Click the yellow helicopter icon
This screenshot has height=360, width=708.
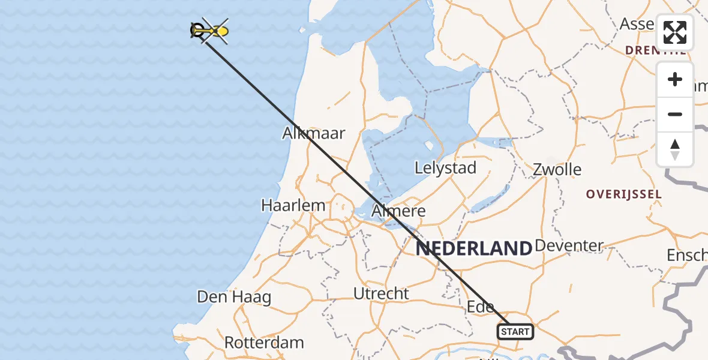click(214, 30)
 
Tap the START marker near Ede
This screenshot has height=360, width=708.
click(515, 331)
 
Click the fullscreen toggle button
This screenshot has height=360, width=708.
click(675, 32)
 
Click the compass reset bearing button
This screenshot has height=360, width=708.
click(675, 149)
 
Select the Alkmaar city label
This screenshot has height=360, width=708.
click(314, 133)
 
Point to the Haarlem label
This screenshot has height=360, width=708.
click(293, 205)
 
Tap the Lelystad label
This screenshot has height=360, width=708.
click(445, 168)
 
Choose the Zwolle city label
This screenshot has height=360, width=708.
click(557, 169)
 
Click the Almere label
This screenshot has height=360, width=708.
click(399, 211)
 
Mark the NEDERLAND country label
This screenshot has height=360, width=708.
click(474, 248)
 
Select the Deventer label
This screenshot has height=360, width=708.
click(569, 245)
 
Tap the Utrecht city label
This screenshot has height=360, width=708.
click(381, 294)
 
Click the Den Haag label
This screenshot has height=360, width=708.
click(234, 297)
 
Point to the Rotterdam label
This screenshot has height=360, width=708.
click(264, 343)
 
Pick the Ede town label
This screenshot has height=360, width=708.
click(481, 307)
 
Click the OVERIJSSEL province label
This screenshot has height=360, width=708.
click(624, 194)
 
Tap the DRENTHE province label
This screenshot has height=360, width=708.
click(655, 50)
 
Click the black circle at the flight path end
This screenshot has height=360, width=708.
click(197, 29)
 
